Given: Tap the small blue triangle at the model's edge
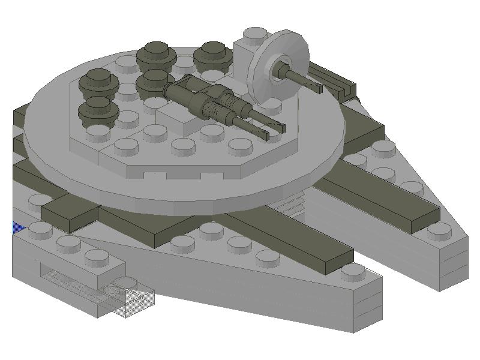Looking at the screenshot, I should point(17,228).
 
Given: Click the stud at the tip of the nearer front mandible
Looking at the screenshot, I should point(353,272).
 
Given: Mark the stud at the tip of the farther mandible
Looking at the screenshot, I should point(440,230).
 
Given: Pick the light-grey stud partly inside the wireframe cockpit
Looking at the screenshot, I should point(125,282).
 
